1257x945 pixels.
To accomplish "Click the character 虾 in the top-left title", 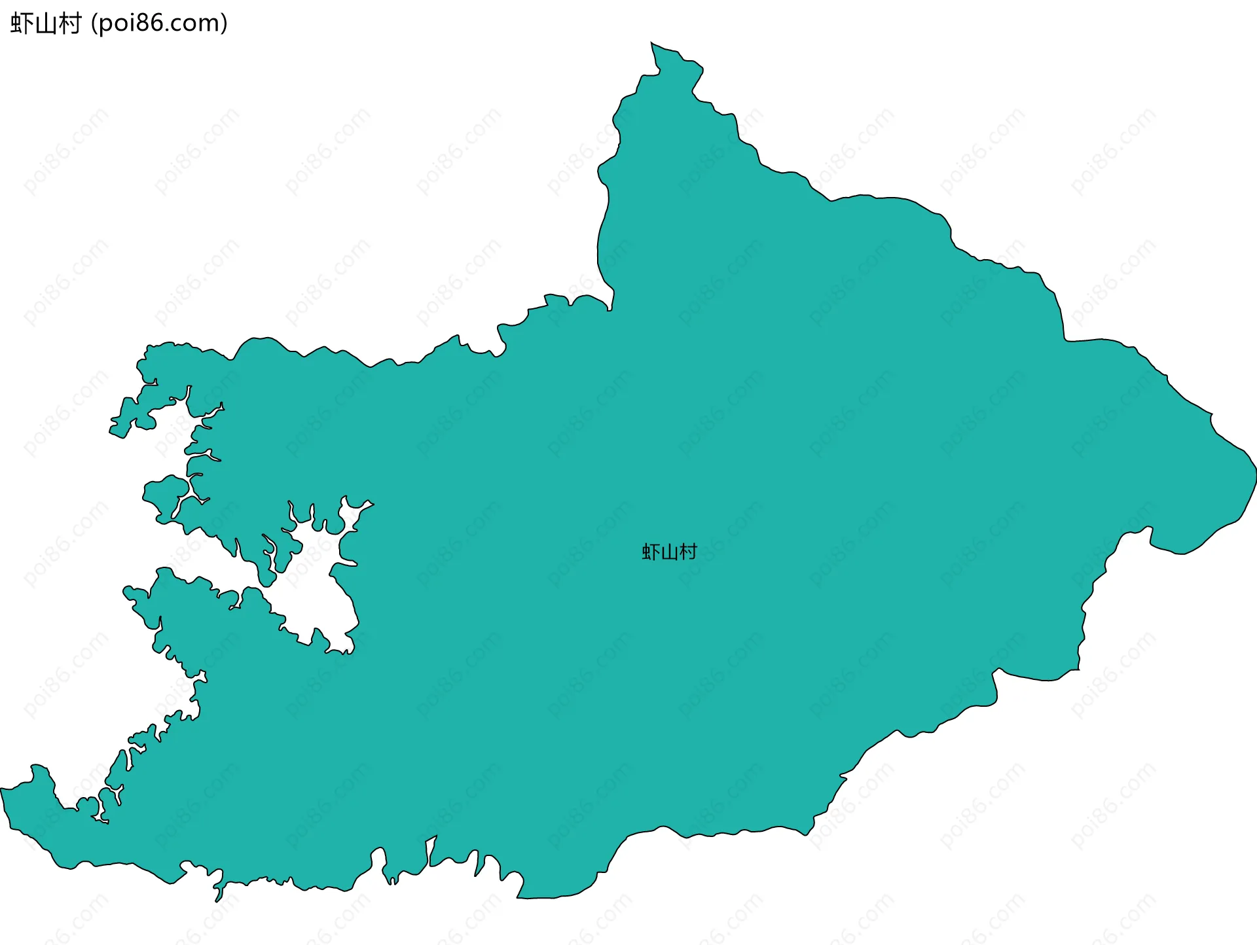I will [x=22, y=24].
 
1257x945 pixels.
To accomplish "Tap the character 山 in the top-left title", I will [x=45, y=24].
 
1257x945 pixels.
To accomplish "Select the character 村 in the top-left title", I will [x=69, y=24].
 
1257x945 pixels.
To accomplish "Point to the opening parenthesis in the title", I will [x=94, y=24].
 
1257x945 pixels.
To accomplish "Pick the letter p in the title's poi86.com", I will [x=105, y=26].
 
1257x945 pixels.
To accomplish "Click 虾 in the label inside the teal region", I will [x=651, y=552].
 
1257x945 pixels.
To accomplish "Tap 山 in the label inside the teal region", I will [x=669, y=552].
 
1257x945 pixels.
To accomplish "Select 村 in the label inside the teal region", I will [x=688, y=552].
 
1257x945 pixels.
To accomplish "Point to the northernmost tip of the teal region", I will [x=651, y=43].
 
